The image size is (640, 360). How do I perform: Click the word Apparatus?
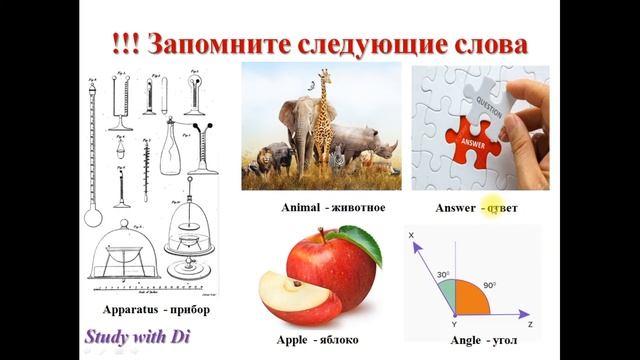131,310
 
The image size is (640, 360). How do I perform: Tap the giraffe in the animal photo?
323,120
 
